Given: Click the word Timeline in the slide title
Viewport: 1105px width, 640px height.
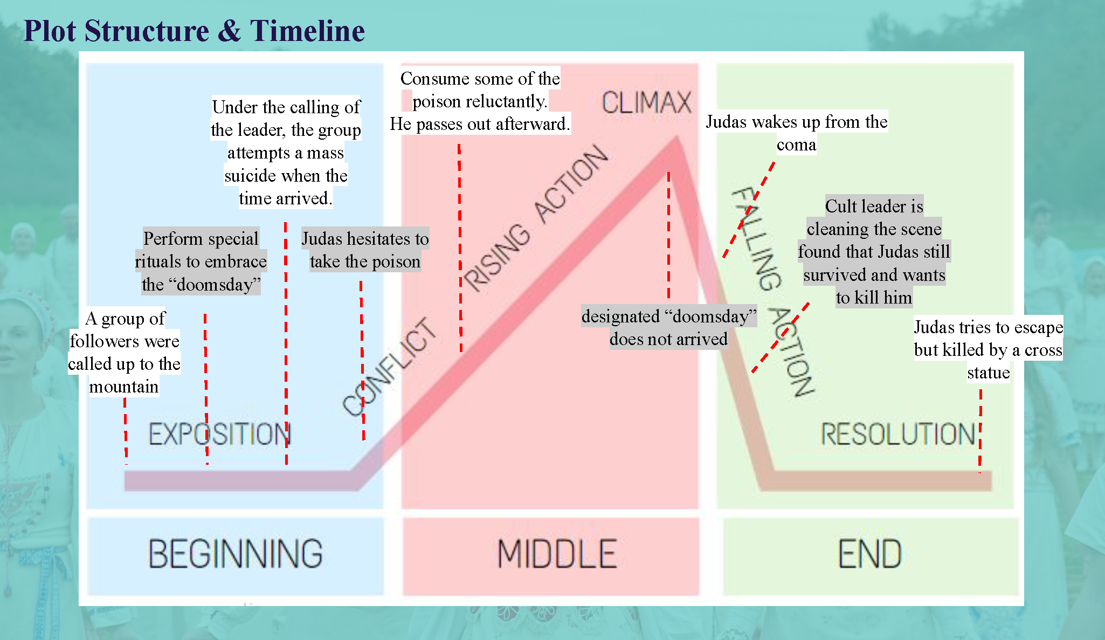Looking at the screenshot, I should coord(307,31).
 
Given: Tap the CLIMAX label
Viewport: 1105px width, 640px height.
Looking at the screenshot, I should coord(646,102).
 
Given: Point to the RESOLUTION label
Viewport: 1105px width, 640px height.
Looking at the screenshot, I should coord(898,434).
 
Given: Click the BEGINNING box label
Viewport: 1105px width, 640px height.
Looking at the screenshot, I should coord(236,554).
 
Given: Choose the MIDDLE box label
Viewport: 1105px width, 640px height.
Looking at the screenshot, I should coord(557,554).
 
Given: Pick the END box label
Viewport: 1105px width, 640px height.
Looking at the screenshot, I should coord(869,554).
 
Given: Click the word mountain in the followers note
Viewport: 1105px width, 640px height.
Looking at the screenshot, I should coord(124,387).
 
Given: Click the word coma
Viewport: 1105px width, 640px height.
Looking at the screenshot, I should coord(796,145).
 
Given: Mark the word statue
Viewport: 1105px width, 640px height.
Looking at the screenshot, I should coord(988,373).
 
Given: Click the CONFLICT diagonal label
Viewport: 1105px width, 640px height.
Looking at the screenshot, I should coord(390,367).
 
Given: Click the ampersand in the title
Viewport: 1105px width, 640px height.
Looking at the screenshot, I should coord(230,31).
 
